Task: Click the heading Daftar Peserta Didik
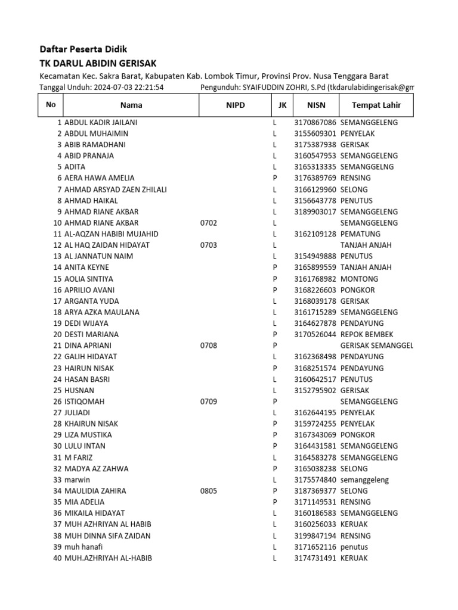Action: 83,49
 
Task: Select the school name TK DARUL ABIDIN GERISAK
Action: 98,63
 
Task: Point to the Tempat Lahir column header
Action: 376,105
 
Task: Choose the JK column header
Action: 281,105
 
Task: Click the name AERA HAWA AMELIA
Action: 99,178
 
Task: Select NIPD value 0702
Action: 209,223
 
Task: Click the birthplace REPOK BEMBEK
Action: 367,334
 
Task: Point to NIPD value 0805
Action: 209,491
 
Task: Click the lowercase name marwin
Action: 78,480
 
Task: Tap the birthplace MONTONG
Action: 359,279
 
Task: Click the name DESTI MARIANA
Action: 91,334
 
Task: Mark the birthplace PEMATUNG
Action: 360,234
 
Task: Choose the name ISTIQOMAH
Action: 84,402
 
